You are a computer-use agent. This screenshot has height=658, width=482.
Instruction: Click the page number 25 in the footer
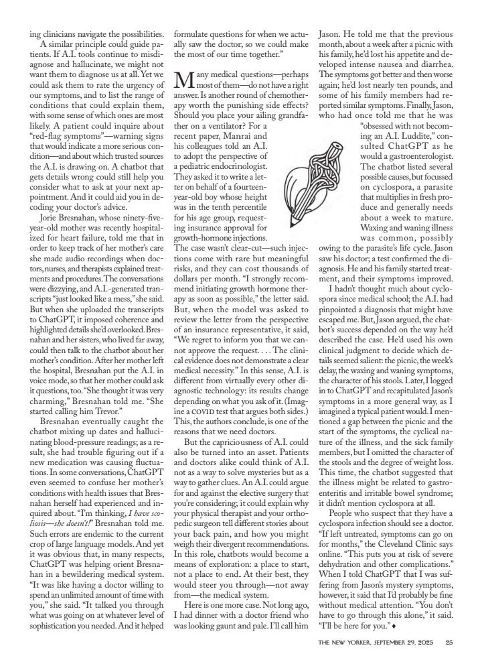449,643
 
